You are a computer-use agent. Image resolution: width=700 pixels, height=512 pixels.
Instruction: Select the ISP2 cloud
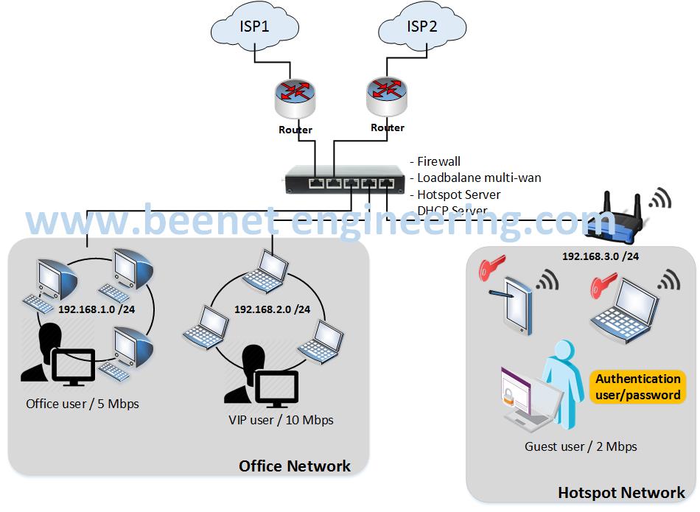(x=421, y=28)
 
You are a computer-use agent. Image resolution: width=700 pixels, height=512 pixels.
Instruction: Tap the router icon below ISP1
(x=296, y=99)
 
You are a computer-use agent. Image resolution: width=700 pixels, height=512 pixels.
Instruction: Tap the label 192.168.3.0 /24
(x=599, y=256)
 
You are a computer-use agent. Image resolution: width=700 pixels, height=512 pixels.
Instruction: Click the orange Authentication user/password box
(x=638, y=387)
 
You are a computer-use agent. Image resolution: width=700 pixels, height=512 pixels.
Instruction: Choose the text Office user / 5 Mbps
(x=83, y=404)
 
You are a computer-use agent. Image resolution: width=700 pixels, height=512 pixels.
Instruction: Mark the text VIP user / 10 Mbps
(x=281, y=420)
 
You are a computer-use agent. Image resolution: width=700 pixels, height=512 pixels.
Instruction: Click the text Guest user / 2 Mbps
(x=581, y=446)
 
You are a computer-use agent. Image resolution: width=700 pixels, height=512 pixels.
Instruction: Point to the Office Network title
(x=295, y=466)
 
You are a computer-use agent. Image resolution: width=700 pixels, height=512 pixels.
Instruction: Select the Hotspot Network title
(x=621, y=493)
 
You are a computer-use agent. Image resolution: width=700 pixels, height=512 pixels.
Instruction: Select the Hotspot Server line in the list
(x=458, y=194)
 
